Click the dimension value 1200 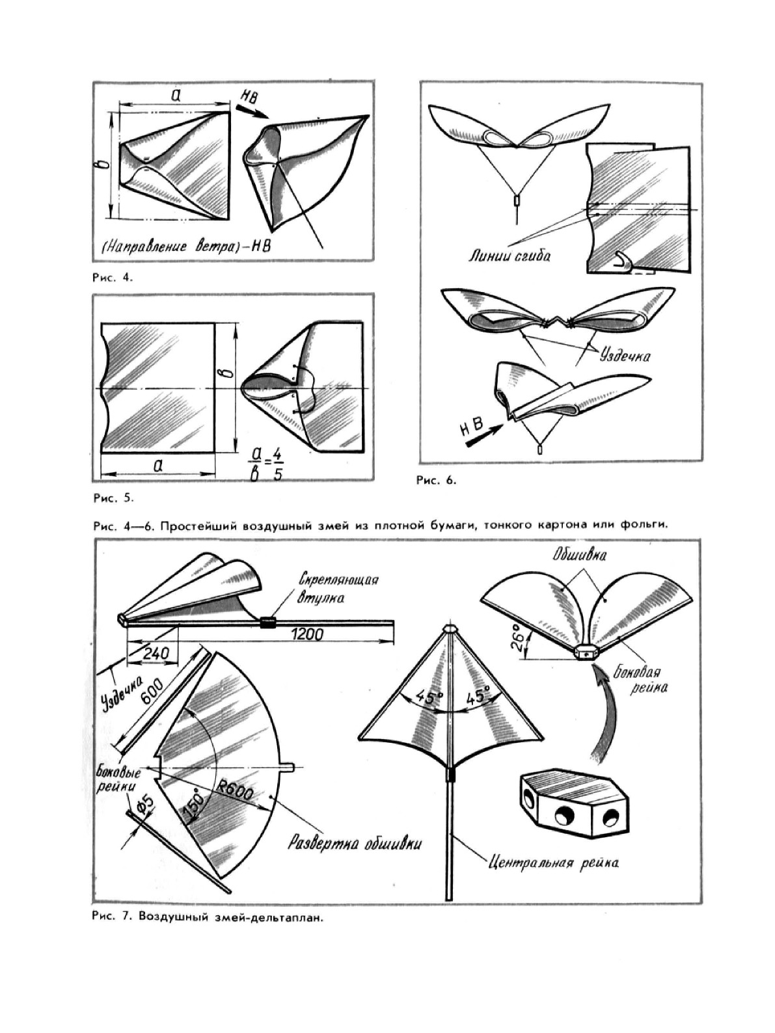306,633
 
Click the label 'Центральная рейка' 553,863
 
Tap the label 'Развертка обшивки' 355,844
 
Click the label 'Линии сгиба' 510,256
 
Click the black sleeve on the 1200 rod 268,622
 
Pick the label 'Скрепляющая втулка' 338,588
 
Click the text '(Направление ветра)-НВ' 185,248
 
